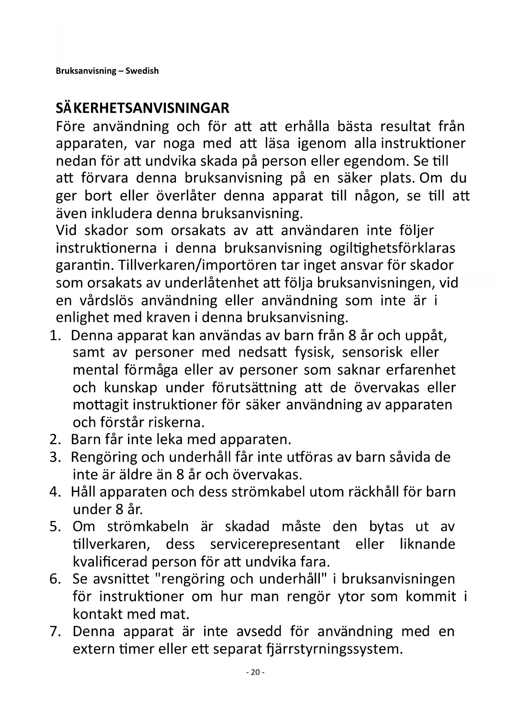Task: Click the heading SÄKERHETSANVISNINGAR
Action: (x=142, y=108)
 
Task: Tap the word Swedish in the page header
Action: (x=142, y=71)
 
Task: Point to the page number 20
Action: (x=255, y=672)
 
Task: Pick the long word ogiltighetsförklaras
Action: (x=392, y=248)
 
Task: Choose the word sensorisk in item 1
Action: (x=372, y=353)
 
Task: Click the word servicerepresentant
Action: (x=275, y=544)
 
